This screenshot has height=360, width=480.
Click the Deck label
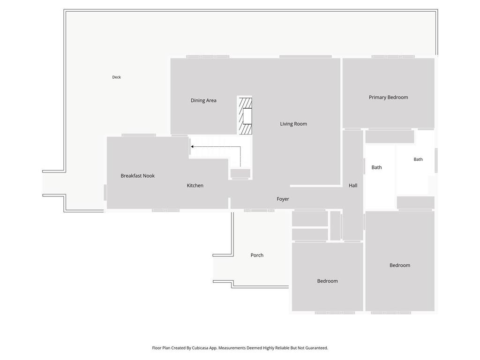pyautogui.click(x=116, y=77)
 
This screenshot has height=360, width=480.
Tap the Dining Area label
pyautogui.click(x=203, y=100)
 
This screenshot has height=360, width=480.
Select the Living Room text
pyautogui.click(x=293, y=124)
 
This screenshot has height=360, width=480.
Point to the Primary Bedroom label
pyautogui.click(x=388, y=97)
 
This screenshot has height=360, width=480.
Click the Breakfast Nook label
pyautogui.click(x=137, y=176)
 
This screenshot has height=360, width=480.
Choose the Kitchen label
pyautogui.click(x=195, y=186)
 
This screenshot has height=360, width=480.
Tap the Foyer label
pyautogui.click(x=283, y=199)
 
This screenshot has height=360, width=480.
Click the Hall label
pyautogui.click(x=353, y=186)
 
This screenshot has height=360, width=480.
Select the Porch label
pyautogui.click(x=257, y=255)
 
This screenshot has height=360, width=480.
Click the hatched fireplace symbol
pyautogui.click(x=245, y=116)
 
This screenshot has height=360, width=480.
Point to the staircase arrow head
pyautogui.click(x=192, y=147)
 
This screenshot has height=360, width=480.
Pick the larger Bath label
pyautogui.click(x=376, y=167)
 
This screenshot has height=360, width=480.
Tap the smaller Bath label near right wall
pyautogui.click(x=418, y=159)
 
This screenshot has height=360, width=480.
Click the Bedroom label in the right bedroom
pyautogui.click(x=400, y=265)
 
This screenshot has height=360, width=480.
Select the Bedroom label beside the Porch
pyautogui.click(x=327, y=281)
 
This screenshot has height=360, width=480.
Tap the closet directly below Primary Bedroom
pyautogui.click(x=390, y=137)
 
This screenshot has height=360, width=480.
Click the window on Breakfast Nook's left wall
pyautogui.click(x=105, y=193)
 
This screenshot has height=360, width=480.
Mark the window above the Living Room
pyautogui.click(x=306, y=57)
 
